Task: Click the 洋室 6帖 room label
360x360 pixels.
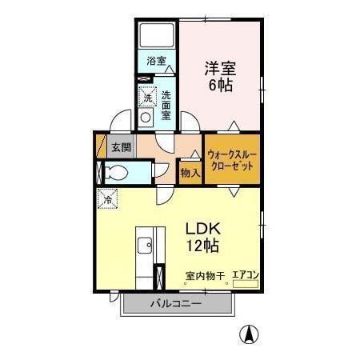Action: click(x=218, y=74)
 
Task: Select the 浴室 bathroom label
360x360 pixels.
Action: click(x=156, y=61)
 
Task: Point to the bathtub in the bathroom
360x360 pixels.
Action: click(x=157, y=35)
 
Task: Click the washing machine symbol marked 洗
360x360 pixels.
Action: click(x=146, y=98)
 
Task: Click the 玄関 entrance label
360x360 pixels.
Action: click(x=121, y=146)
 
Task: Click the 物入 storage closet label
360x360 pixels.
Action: click(x=190, y=172)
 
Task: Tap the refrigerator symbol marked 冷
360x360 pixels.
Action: click(x=106, y=197)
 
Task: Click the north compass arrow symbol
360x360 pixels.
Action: click(x=250, y=334)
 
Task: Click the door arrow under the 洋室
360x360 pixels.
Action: click(x=232, y=126)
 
